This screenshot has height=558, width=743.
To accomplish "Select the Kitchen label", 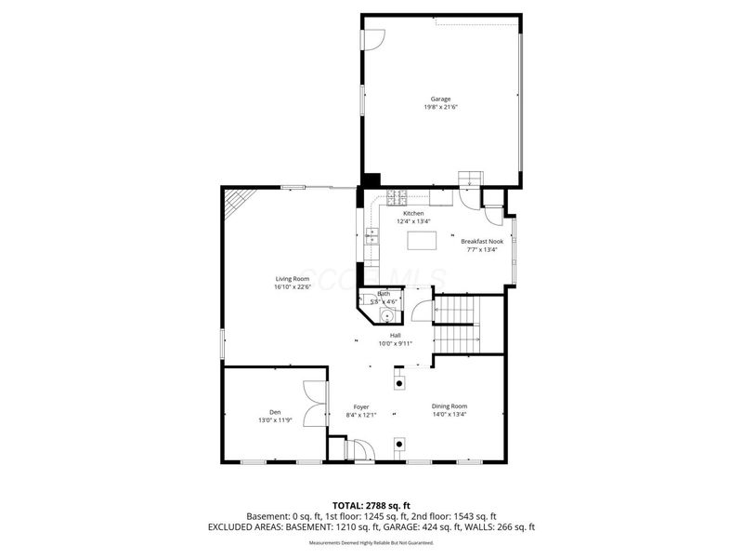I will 413,213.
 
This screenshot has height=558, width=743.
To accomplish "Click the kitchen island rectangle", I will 421,240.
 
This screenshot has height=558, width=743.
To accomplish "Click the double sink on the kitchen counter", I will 371,238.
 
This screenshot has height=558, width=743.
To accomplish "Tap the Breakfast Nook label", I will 482,241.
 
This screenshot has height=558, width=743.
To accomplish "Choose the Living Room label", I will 291,279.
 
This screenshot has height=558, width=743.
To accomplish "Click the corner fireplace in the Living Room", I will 240,200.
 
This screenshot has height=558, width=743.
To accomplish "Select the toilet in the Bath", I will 376,312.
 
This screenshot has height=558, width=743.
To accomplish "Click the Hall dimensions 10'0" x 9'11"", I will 395,344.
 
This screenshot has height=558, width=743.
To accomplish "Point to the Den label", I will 275,412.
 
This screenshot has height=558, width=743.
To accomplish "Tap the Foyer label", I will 361,406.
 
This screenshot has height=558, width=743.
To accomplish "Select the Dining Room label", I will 450,406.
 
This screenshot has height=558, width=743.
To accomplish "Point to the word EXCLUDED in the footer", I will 234,527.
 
